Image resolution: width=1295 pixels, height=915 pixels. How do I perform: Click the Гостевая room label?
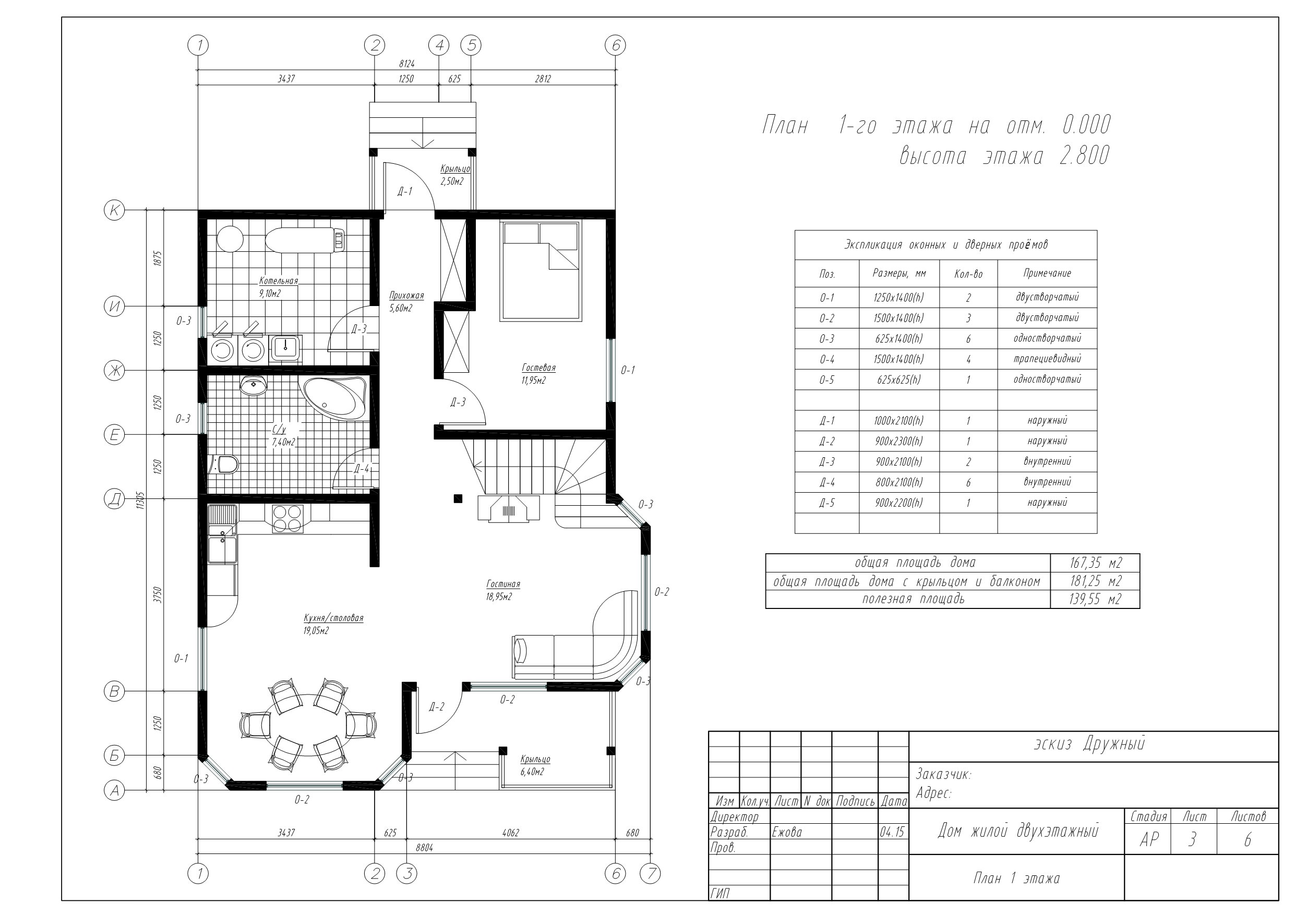[x=538, y=368]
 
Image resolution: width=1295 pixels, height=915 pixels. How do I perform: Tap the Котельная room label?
[x=279, y=281]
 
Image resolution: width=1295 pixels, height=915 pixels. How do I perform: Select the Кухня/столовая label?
[x=333, y=618]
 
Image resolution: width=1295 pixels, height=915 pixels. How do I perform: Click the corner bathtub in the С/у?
[x=335, y=397]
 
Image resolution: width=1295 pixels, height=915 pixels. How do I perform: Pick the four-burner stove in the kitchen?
[x=287, y=519]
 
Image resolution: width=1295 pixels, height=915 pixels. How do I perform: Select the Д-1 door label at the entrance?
[x=404, y=192]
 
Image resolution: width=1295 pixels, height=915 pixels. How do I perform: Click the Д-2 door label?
[x=437, y=707]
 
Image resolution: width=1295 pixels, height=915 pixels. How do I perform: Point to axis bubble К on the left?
[x=114, y=210]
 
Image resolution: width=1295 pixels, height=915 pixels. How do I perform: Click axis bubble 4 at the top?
[x=439, y=45]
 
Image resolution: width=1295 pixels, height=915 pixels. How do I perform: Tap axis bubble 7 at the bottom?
[x=650, y=874]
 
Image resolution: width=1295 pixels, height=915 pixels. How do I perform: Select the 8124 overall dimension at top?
[x=406, y=64]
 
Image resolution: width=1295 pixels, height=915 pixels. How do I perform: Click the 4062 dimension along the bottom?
[x=510, y=833]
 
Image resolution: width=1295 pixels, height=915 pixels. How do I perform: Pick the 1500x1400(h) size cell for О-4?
[x=899, y=359]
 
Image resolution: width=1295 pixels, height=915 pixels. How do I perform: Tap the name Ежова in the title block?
[x=787, y=832]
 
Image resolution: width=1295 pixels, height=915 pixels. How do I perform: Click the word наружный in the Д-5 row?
[x=1047, y=502]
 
